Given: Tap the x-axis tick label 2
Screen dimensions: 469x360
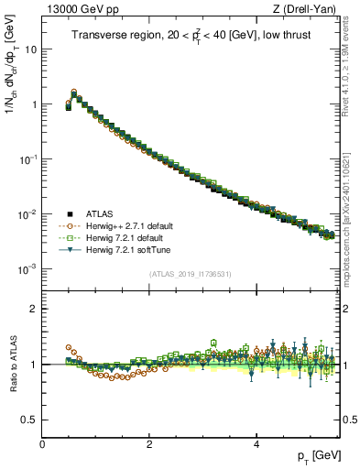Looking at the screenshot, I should (x=149, y=444).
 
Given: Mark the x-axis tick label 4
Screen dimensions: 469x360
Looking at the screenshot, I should (x=256, y=444).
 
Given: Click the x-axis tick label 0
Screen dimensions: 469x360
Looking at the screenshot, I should (x=42, y=444).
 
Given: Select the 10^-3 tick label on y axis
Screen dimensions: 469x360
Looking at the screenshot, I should (x=27, y=269).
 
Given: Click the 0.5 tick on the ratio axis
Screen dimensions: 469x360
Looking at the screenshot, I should (x=29, y=420).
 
